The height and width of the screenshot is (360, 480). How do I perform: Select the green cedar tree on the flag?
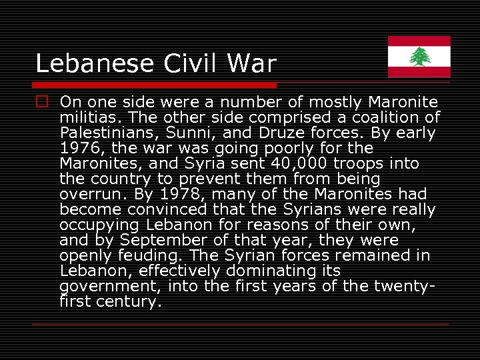pyautogui.click(x=419, y=57)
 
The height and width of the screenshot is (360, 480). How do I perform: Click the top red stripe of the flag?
pyautogui.click(x=419, y=41)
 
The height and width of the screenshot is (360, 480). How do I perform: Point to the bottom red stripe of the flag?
pyautogui.click(x=419, y=72)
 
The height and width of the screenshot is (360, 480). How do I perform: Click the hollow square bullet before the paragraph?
pyautogui.click(x=42, y=102)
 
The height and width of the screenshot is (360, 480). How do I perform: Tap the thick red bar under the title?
pyautogui.click(x=155, y=85)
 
